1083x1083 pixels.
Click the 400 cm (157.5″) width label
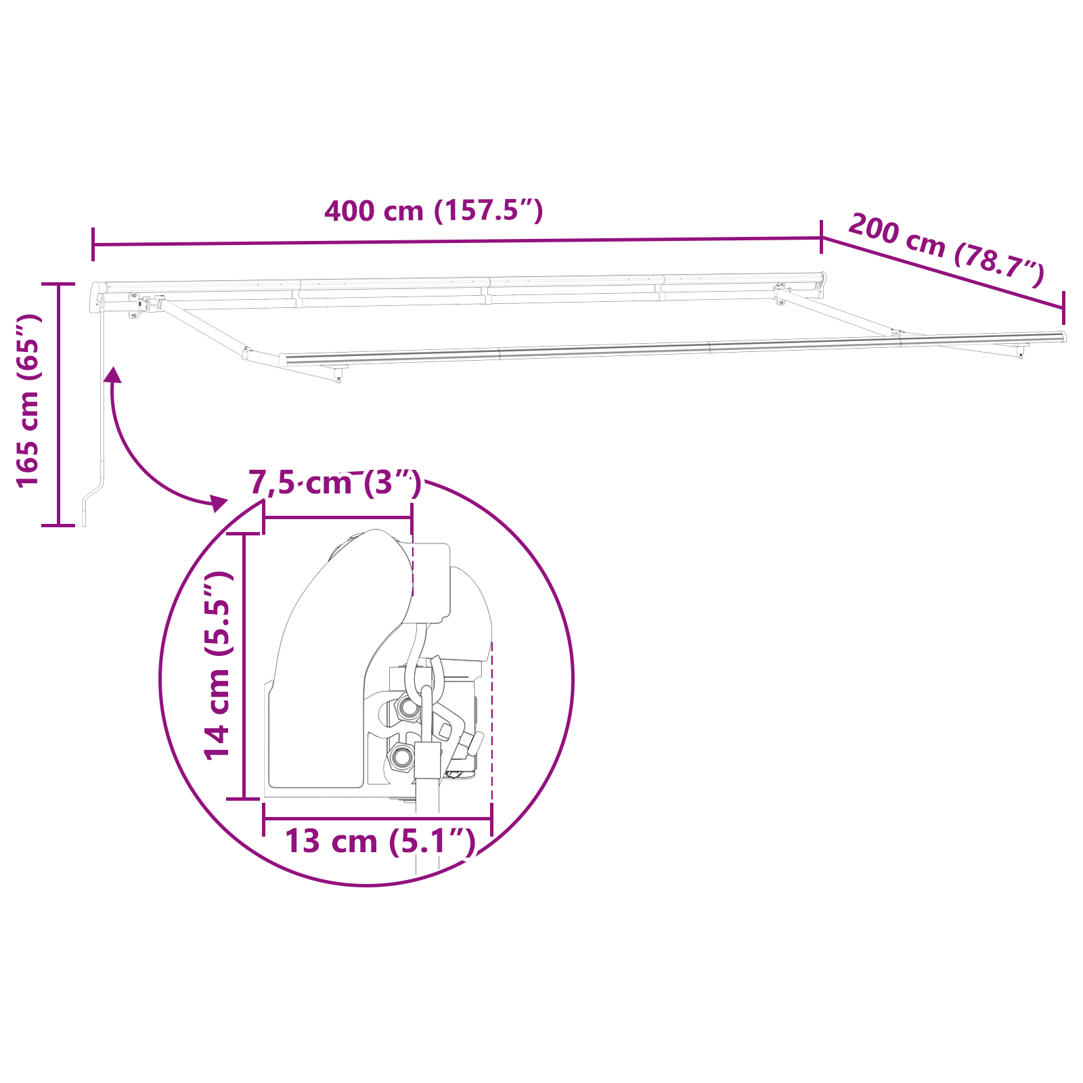(x=433, y=211)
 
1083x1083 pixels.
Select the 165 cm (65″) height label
(x=28, y=401)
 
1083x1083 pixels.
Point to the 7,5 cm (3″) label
(x=335, y=483)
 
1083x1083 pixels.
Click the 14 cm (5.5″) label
(x=219, y=665)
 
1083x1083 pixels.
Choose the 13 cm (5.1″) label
(x=380, y=841)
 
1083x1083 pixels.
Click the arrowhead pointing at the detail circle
(x=219, y=502)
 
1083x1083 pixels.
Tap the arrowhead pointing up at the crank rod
(x=113, y=375)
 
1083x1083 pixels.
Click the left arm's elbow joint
(x=246, y=352)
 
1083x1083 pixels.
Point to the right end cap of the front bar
(x=1063, y=336)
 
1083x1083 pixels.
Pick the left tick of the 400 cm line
(x=93, y=244)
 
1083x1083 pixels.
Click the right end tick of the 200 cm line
(x=1063, y=309)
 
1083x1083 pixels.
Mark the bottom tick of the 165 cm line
(x=58, y=525)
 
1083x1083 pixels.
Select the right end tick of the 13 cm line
(x=491, y=818)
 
